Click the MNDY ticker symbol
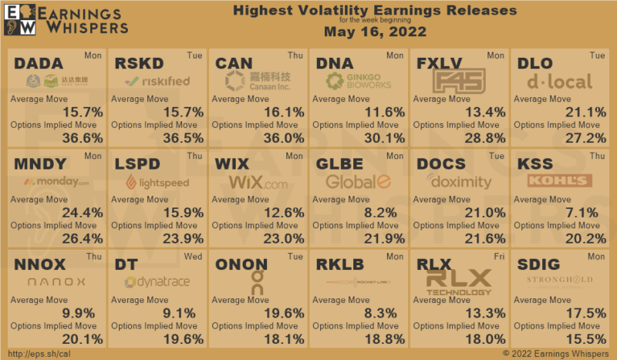pyautogui.click(x=43, y=164)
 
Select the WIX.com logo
pyautogui.click(x=258, y=183)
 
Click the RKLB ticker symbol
pyautogui.click(x=342, y=265)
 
